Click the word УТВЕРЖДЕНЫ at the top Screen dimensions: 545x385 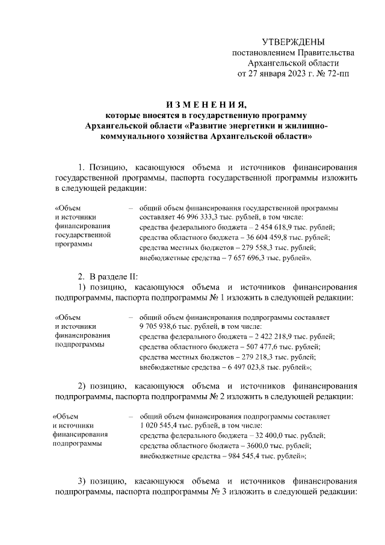click(x=294, y=42)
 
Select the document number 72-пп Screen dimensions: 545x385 click(x=336, y=74)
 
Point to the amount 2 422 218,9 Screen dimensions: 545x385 click(x=276, y=336)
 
